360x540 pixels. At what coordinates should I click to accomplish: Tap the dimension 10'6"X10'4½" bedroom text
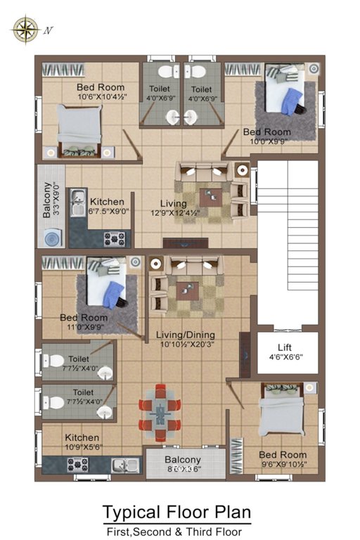(101, 97)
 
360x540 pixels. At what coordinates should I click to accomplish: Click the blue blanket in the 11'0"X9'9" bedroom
(112, 293)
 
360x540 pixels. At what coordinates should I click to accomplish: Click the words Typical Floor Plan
(176, 511)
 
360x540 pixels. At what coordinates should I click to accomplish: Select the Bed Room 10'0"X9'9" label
(266, 132)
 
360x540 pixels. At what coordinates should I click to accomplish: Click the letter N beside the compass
(49, 30)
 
